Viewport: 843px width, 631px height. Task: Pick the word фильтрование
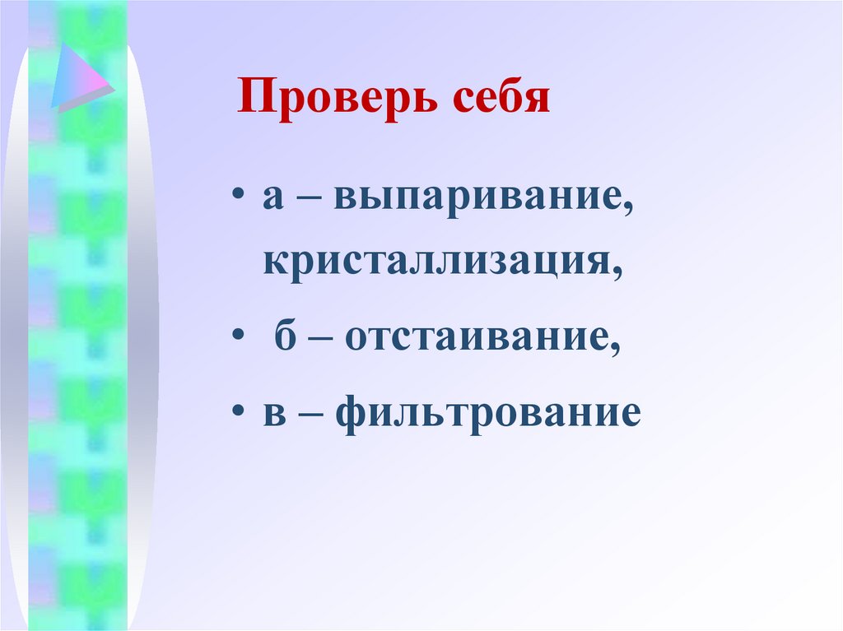[x=487, y=411]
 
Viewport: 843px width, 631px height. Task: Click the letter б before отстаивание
[x=284, y=336]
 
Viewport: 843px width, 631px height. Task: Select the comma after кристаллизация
[x=617, y=273]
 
